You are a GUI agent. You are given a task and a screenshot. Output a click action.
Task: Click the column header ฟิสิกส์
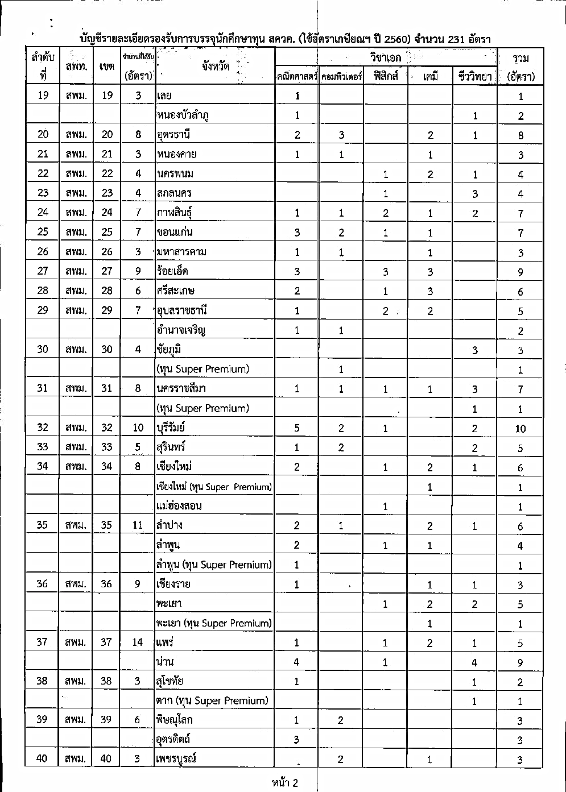point(385,76)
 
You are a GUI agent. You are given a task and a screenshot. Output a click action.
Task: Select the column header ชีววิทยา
point(474,76)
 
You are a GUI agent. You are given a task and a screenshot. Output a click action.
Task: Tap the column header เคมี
point(430,76)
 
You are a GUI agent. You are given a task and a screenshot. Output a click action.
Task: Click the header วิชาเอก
point(385,57)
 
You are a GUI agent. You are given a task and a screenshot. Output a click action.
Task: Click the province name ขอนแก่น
point(173,232)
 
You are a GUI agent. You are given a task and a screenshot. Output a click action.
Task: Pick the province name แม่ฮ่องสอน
point(179,505)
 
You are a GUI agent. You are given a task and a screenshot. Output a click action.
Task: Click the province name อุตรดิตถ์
point(173,739)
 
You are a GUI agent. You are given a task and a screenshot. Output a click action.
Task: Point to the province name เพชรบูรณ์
point(176,758)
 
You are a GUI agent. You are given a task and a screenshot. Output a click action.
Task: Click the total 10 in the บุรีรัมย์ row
point(520,429)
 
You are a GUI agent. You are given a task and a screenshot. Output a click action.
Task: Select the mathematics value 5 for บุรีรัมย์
point(297,428)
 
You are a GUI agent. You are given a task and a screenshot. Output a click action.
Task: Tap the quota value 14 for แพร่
point(138,642)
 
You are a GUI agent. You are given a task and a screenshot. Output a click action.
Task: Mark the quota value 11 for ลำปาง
point(138,525)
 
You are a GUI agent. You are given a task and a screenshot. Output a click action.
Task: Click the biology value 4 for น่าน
point(474,662)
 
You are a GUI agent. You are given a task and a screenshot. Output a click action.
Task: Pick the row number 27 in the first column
point(43,271)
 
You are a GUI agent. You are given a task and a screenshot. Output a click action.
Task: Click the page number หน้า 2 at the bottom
point(285,783)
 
